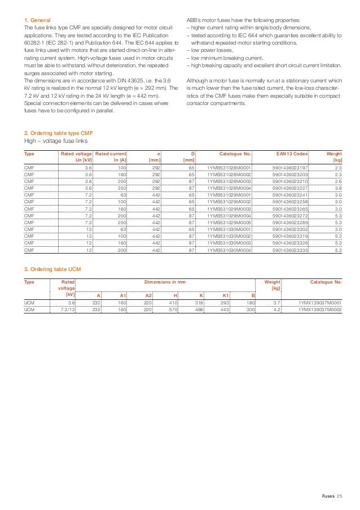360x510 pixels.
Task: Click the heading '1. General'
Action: pyautogui.click(x=38, y=20)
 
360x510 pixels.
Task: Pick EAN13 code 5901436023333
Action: pyautogui.click(x=290, y=250)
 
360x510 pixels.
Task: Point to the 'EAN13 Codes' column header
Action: pyautogui.click(x=292, y=154)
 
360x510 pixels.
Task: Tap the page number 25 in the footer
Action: pyautogui.click(x=339, y=496)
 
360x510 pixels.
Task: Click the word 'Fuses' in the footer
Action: pyautogui.click(x=328, y=496)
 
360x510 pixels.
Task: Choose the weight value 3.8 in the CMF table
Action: pyautogui.click(x=337, y=189)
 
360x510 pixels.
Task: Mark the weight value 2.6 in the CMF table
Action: pyautogui.click(x=337, y=182)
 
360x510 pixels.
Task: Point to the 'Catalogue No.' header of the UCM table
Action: pyautogui.click(x=326, y=281)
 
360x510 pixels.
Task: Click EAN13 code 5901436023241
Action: pyautogui.click(x=290, y=195)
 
